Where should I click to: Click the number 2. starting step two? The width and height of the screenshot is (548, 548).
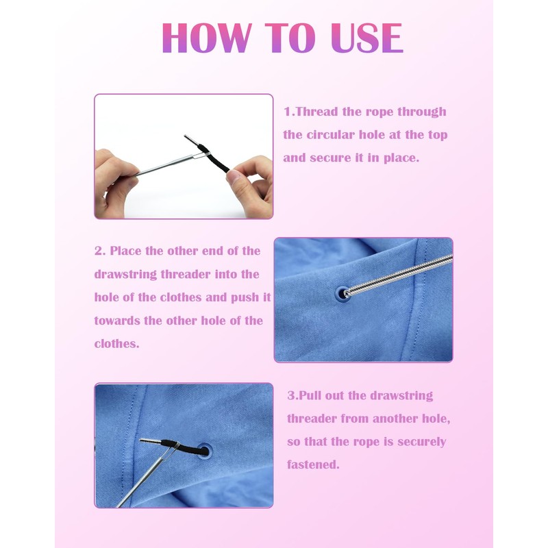click(100, 251)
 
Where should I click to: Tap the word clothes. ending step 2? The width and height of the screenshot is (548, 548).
click(116, 344)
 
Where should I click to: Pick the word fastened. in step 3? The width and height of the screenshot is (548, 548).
click(313, 465)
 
